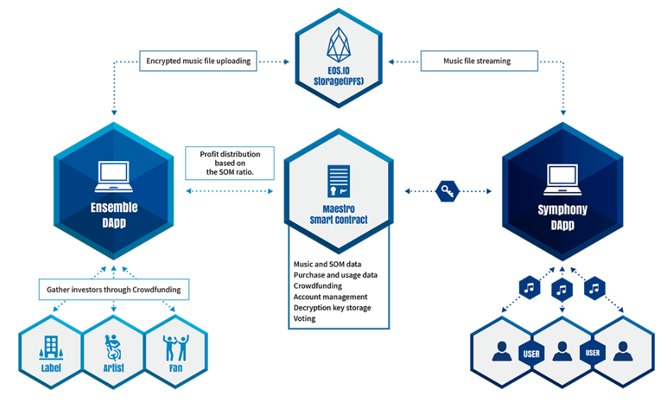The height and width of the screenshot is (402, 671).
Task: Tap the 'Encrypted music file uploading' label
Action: pos(199,61)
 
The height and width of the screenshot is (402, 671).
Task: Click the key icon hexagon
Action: pos(448,191)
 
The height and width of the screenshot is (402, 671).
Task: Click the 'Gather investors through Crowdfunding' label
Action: pos(114,289)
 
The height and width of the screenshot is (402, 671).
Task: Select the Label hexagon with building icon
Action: pos(51,350)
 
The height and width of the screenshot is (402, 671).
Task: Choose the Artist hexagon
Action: pos(114,350)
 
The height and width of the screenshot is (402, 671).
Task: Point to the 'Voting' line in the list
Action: pos(305,319)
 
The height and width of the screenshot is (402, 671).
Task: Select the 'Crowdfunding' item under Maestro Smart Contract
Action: pos(318,286)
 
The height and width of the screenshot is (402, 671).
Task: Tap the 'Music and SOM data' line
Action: pos(327,264)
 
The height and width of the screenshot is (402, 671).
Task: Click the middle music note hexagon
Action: pos(562,289)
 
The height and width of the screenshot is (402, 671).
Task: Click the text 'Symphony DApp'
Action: pos(562,217)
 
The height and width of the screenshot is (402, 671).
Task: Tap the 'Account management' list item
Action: pos(331,297)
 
